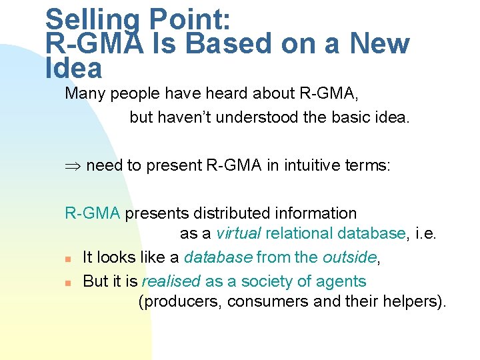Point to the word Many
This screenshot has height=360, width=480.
(x=85, y=93)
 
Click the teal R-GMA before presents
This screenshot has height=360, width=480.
(x=92, y=213)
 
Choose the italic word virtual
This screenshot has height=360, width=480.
(x=238, y=233)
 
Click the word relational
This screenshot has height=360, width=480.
(x=300, y=233)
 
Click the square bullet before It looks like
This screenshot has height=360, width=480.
(x=68, y=259)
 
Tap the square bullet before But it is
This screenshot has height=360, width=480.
(x=68, y=283)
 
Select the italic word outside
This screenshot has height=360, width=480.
(x=350, y=257)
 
